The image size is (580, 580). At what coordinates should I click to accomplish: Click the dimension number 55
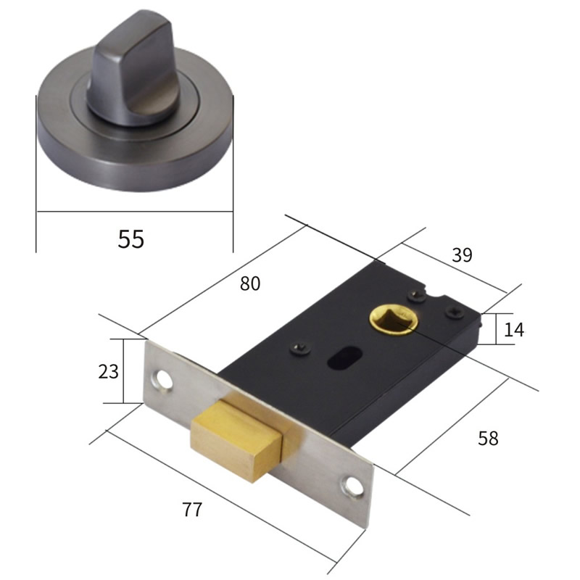[131, 239]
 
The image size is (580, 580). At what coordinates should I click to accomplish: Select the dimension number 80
[249, 283]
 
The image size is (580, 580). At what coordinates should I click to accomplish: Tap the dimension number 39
[461, 254]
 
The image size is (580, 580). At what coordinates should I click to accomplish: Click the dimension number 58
[488, 438]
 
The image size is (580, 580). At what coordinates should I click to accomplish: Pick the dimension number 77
[191, 509]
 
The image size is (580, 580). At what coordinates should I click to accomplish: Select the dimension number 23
[108, 371]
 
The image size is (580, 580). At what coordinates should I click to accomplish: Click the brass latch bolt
[236, 438]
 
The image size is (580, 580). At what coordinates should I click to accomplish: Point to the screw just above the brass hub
[416, 294]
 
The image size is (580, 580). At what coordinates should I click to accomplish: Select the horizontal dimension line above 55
[135, 212]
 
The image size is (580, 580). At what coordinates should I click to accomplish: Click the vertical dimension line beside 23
[124, 371]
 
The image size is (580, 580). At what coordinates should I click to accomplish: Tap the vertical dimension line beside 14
[496, 328]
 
